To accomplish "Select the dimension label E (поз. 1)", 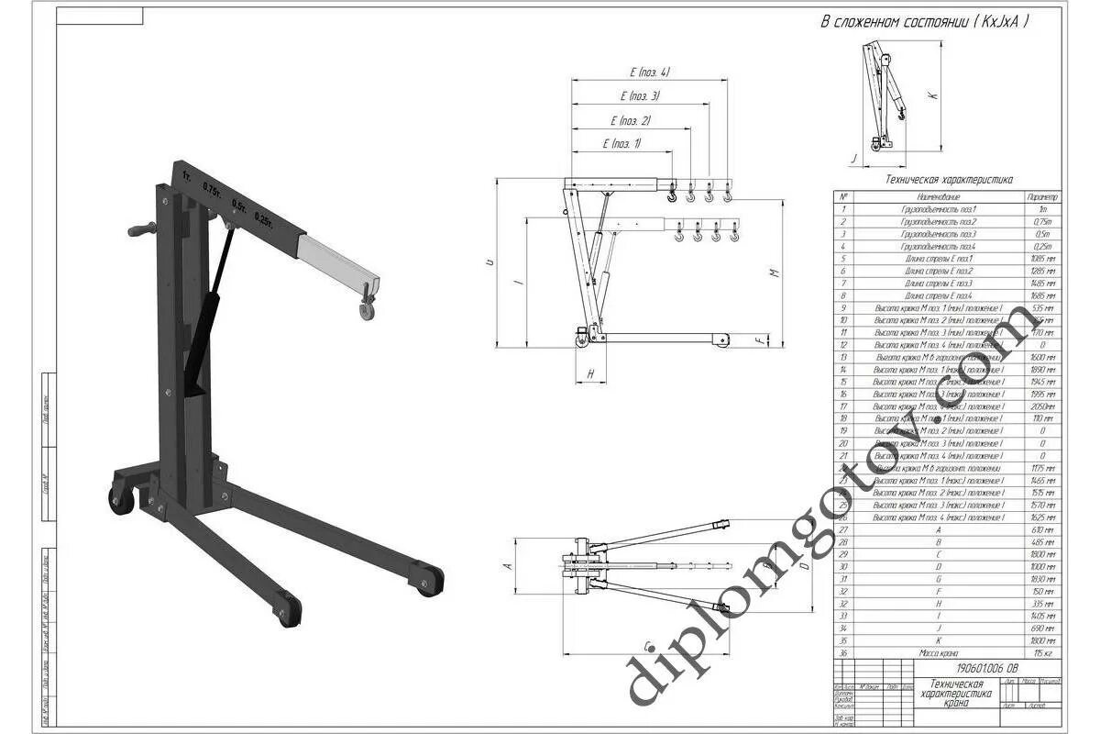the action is click(x=622, y=143).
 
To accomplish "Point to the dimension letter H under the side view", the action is click(x=591, y=373).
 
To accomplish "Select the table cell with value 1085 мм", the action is click(x=1043, y=259).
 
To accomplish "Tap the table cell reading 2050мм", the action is click(x=1043, y=406).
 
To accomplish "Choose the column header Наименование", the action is click(x=938, y=197).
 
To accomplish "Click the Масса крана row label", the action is click(x=938, y=653).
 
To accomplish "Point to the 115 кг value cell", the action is click(x=1043, y=653).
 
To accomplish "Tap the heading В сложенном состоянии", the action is click(x=924, y=21).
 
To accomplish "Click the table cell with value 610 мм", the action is click(x=1043, y=530).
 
